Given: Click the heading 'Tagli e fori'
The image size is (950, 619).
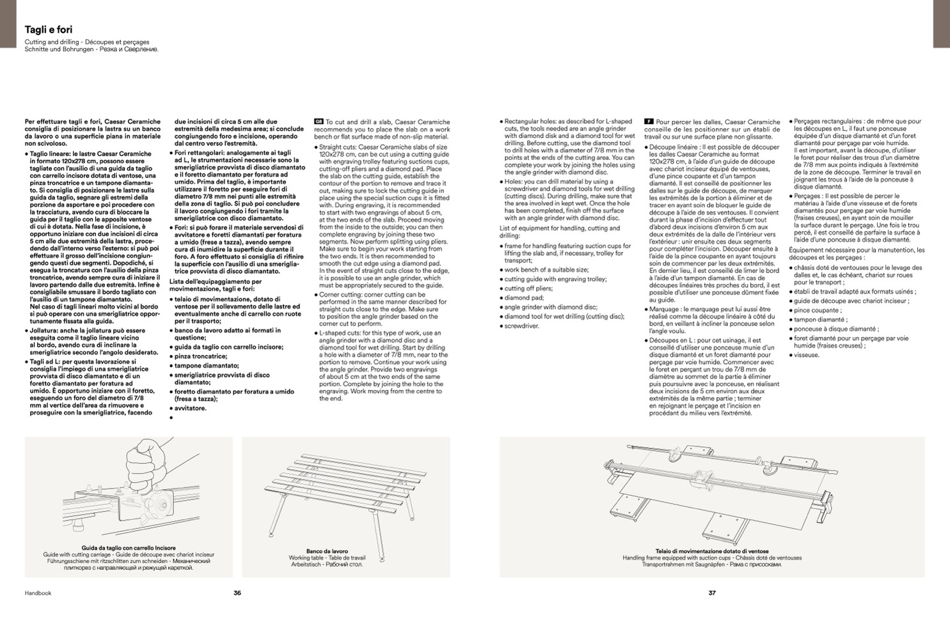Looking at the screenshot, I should (49, 30).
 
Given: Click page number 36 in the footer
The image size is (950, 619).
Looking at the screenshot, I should (237, 593).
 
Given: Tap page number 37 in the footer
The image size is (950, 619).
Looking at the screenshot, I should (712, 593).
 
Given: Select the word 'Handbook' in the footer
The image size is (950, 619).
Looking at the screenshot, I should (38, 593).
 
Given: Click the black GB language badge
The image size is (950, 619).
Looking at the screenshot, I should (319, 121).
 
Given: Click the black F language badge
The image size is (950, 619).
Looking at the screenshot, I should (648, 121).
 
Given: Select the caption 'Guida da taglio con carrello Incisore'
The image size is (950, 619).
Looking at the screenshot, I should (129, 548).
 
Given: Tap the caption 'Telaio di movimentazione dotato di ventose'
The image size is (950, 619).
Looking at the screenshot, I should (712, 551).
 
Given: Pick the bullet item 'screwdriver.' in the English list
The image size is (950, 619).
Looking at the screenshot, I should (521, 326).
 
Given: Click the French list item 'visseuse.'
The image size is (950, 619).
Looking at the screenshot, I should (807, 355).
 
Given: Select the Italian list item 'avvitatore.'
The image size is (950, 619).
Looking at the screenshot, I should (190, 408).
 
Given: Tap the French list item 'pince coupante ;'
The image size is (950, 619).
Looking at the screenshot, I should (818, 310).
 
